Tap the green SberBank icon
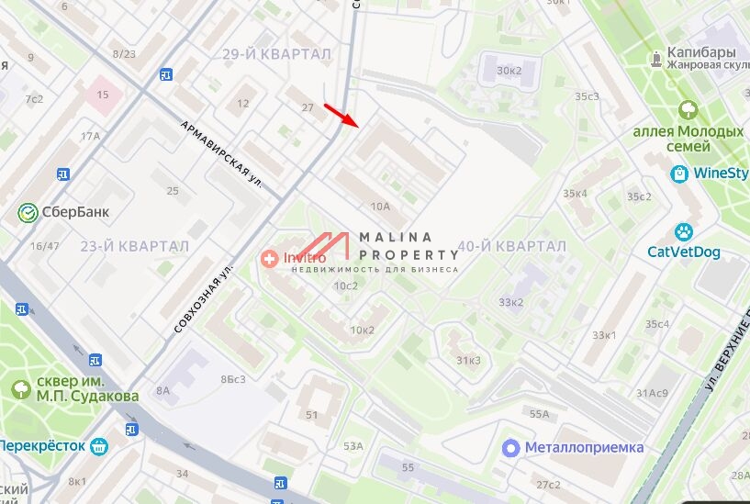coord(28,213)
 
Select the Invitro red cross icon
coord(269,259)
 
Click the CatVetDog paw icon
coord(684,232)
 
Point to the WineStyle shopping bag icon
coord(679,173)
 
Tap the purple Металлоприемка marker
coord(511,448)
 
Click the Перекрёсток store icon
coord(99,446)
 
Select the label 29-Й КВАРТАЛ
coord(276,55)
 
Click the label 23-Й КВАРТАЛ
coord(134,246)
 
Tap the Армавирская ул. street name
coord(221,153)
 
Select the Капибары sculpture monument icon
coord(656,60)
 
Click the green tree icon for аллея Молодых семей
coord(688,110)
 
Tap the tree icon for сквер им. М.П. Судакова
coord(21,388)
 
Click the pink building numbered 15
coord(102,95)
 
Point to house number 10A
coord(381,207)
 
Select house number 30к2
coord(509,71)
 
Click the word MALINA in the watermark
coord(396,238)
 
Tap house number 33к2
coord(510,302)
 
